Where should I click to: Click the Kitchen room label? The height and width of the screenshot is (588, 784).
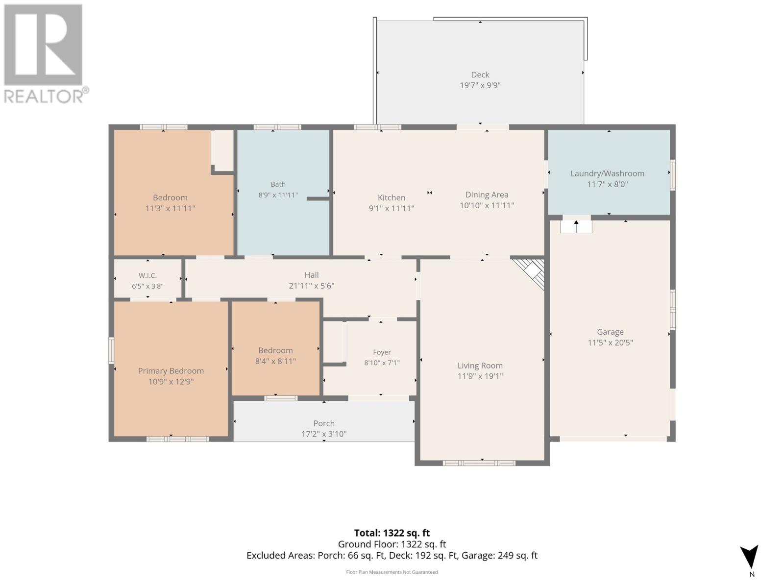(392, 197)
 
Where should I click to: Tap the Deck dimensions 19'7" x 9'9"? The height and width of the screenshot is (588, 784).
(480, 85)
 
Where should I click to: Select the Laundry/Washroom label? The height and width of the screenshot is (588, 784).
(607, 173)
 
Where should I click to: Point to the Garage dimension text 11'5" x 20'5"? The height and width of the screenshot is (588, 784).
(610, 343)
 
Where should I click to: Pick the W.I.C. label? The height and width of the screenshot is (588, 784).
(147, 275)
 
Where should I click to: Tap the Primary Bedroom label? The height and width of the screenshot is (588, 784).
(171, 371)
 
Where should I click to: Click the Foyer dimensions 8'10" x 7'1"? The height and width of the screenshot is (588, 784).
(382, 363)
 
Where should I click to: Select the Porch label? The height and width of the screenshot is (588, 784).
(324, 423)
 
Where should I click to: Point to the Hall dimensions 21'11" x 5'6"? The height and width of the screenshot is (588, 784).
(312, 286)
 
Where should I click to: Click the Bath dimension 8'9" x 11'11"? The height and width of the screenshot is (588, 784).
(278, 195)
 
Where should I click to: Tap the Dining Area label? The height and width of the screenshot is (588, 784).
(487, 195)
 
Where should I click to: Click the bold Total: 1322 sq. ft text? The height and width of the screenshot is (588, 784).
(392, 533)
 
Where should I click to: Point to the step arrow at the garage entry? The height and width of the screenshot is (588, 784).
(576, 226)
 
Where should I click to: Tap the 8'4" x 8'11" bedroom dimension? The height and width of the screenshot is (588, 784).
(275, 361)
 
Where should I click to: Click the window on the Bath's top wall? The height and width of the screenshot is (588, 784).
(277, 127)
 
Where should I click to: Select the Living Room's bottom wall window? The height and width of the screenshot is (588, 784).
(479, 463)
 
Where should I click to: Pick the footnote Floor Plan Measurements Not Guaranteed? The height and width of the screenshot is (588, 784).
(392, 572)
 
